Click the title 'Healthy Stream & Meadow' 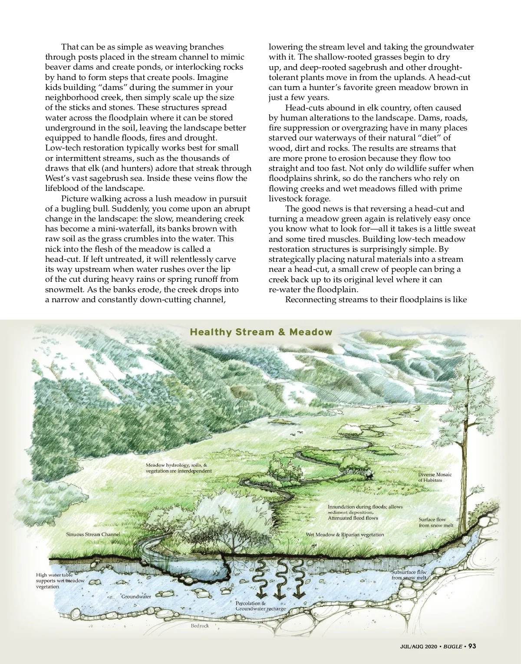tap(261, 332)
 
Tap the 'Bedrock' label tap(200, 626)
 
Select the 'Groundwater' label tap(136, 597)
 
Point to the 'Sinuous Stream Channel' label tap(93, 534)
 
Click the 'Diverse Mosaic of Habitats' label tap(435, 477)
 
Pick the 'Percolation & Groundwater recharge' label tap(260, 606)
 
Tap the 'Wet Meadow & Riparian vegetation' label tap(345, 534)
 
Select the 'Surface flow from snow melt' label tap(436, 522)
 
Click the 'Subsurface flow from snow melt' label tap(409, 575)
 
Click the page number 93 tap(472, 646)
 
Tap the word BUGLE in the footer tap(452, 647)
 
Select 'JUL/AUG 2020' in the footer tap(419, 647)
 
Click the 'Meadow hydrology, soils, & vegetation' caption tap(178, 468)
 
